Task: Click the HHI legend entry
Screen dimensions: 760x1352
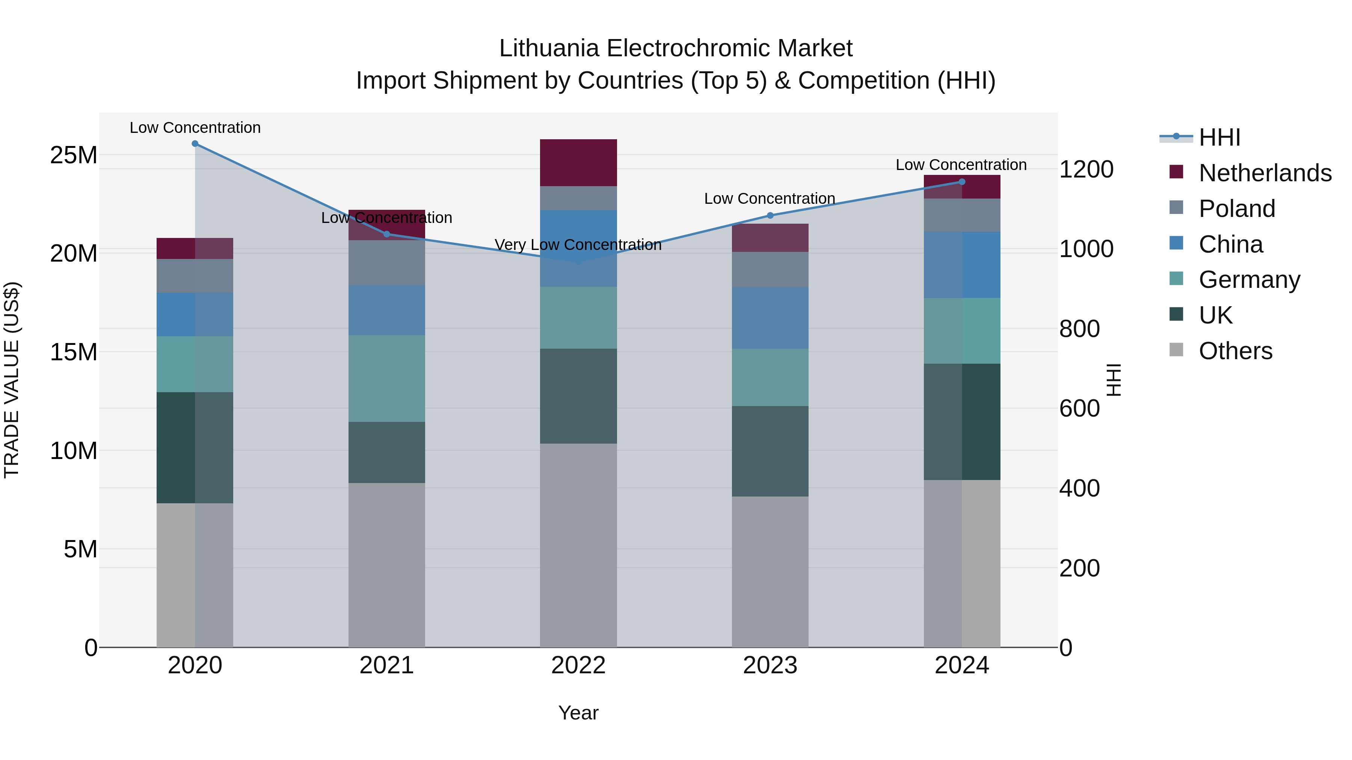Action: point(1219,137)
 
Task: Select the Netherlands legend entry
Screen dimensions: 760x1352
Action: point(1265,173)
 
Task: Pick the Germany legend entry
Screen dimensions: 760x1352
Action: point(1249,280)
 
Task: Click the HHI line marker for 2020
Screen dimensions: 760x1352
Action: point(195,144)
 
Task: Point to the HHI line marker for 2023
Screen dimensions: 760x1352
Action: point(770,215)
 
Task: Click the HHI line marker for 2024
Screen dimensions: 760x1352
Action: point(961,182)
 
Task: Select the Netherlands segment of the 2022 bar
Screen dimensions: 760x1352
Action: point(578,163)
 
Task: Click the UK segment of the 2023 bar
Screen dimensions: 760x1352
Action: point(770,451)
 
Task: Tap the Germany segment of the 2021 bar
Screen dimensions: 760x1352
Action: point(387,378)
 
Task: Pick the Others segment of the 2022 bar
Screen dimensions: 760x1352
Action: point(578,545)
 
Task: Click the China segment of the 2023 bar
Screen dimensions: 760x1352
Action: point(770,318)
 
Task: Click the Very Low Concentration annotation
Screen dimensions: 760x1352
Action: point(578,245)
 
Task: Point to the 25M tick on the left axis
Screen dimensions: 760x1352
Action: point(74,155)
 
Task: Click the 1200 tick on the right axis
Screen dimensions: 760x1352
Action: point(1086,169)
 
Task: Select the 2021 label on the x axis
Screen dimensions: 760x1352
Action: point(387,665)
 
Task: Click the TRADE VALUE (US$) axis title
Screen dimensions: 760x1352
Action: point(12,380)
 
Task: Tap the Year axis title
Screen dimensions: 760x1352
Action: point(578,713)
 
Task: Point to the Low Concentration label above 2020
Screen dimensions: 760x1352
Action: point(195,128)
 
